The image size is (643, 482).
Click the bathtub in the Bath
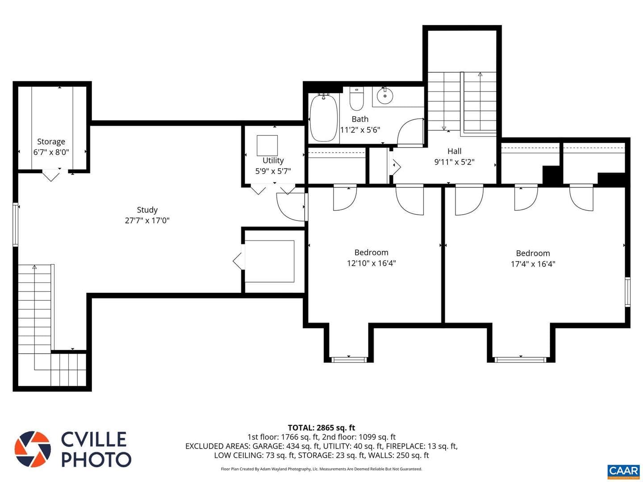tap(323, 118)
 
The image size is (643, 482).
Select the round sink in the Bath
tap(384, 96)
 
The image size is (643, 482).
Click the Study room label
tap(147, 210)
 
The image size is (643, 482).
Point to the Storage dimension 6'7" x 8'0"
tap(51, 152)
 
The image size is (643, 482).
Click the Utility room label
tap(273, 160)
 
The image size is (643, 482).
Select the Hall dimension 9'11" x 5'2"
tap(454, 162)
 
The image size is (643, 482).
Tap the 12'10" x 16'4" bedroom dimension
tap(371, 263)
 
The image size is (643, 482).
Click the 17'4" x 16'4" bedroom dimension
tap(533, 264)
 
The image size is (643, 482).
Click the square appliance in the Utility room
tap(267, 145)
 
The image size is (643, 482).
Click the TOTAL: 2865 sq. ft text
tap(321, 428)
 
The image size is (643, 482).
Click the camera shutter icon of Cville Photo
tap(33, 449)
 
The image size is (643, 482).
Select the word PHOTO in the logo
tap(96, 460)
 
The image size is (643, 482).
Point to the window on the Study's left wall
tap(16, 224)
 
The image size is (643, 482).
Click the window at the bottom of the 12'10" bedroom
tap(349, 360)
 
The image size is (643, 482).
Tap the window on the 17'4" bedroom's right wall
tap(627, 292)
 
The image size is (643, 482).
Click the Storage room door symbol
tap(51, 175)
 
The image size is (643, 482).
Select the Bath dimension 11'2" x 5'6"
tap(360, 129)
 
